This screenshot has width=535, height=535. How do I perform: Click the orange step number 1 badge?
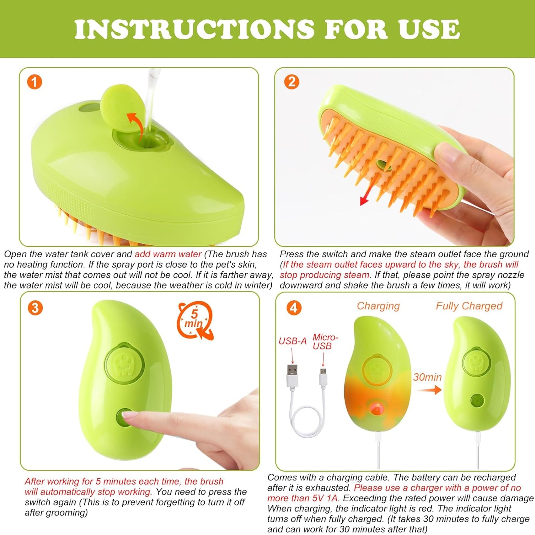coord(35,82)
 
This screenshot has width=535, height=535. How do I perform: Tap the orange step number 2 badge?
coord(292,82)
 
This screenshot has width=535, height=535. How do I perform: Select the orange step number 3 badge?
coord(35,308)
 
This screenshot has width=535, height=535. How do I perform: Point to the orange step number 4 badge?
coord(294,308)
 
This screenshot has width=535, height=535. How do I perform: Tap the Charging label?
coord(378,306)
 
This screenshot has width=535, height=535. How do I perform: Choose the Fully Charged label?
coord(469,306)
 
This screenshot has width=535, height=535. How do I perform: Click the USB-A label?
coord(292,341)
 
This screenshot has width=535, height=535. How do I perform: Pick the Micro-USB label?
coord(325,341)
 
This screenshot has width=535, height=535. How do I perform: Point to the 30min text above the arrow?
coord(427,377)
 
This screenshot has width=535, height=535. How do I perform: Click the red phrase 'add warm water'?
coord(168,254)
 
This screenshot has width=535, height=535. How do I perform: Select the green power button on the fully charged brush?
coord(476,400)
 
